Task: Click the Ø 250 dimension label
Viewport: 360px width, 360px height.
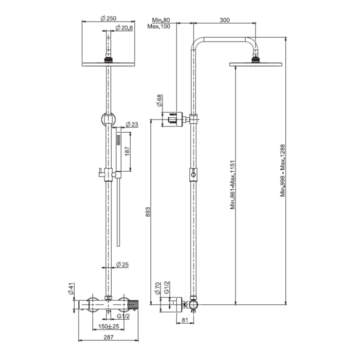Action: coord(108,18)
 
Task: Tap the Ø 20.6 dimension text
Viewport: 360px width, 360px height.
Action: coord(123,28)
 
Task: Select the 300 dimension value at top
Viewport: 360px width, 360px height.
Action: coord(224,20)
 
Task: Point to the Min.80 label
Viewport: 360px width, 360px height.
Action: coord(161,20)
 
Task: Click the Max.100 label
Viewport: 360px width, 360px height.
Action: coord(159,26)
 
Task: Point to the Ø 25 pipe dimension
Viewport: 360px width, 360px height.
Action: coord(123,264)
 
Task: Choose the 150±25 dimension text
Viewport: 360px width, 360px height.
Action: coord(108,326)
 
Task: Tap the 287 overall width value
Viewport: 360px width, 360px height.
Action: coord(108,337)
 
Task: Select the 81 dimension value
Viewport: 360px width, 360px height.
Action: coord(184,320)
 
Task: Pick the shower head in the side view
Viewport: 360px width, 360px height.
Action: coord(255,63)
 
